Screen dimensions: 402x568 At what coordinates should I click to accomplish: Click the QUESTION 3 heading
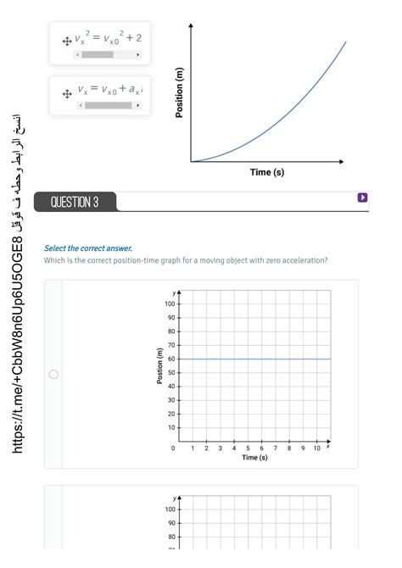tap(75, 202)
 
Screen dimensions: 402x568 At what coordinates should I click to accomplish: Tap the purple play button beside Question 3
tap(362, 198)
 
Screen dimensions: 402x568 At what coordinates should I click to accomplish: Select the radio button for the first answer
tap(53, 374)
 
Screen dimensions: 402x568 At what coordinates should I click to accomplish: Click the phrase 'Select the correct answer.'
tap(88, 248)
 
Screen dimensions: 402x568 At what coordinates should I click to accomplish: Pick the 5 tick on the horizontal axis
tap(248, 448)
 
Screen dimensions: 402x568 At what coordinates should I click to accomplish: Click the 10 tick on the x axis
tap(316, 448)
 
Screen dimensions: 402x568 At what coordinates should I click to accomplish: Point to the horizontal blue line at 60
tap(254, 359)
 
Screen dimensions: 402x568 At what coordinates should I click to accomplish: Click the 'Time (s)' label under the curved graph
tap(267, 172)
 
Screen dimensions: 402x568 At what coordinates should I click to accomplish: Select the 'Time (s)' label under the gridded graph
tap(254, 458)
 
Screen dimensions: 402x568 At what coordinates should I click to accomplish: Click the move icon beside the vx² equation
tap(66, 40)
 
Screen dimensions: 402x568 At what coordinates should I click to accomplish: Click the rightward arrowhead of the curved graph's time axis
tap(342, 161)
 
